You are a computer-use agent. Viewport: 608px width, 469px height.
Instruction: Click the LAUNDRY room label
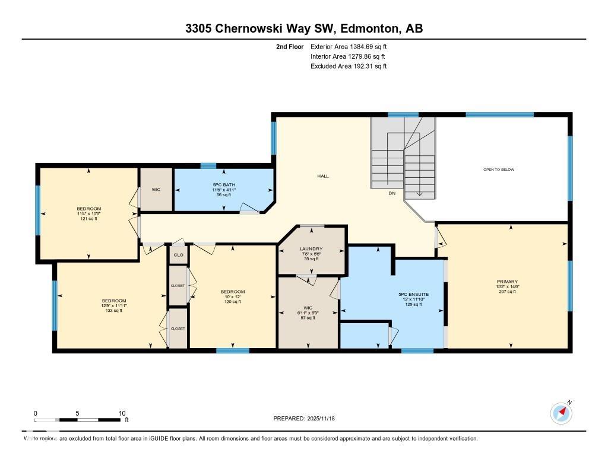[x=311, y=249]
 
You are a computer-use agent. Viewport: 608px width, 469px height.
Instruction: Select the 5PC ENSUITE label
[x=413, y=295]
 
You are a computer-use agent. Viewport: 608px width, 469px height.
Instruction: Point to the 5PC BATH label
[x=224, y=185]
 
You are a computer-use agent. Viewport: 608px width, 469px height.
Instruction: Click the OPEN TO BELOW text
[x=499, y=170]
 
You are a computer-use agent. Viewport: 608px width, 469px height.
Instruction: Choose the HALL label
[x=323, y=176]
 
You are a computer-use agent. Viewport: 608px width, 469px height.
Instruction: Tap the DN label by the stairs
[x=391, y=193]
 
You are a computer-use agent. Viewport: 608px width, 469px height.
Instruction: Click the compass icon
[x=561, y=413]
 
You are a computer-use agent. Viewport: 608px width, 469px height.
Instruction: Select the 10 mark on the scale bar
[x=122, y=413]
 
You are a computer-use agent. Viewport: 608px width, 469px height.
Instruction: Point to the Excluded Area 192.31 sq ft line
[x=349, y=66]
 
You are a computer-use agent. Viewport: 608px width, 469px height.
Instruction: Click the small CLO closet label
[x=178, y=255]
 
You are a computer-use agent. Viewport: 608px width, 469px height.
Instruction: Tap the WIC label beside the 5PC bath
[x=156, y=190]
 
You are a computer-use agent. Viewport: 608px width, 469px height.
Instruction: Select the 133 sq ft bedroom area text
[x=113, y=311]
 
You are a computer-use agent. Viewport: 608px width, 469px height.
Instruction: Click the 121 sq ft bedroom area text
[x=88, y=219]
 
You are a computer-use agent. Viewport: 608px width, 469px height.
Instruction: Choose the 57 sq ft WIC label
[x=308, y=318]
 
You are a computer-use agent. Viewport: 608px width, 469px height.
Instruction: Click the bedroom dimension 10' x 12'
[x=233, y=297]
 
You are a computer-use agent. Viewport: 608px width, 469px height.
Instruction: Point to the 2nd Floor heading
[x=290, y=46]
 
